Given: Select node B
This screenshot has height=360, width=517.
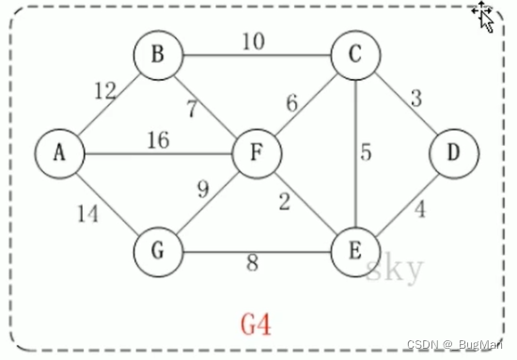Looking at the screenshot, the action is coord(157,55).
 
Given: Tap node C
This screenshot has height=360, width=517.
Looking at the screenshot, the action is coord(354,55).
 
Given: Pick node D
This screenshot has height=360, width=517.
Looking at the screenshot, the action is coord(455,152).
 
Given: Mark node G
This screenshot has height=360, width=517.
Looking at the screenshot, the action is coord(157,251).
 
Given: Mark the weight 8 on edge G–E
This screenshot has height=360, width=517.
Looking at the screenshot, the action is coord(252,264).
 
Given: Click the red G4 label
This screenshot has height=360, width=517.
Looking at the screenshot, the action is coord(257,324).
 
